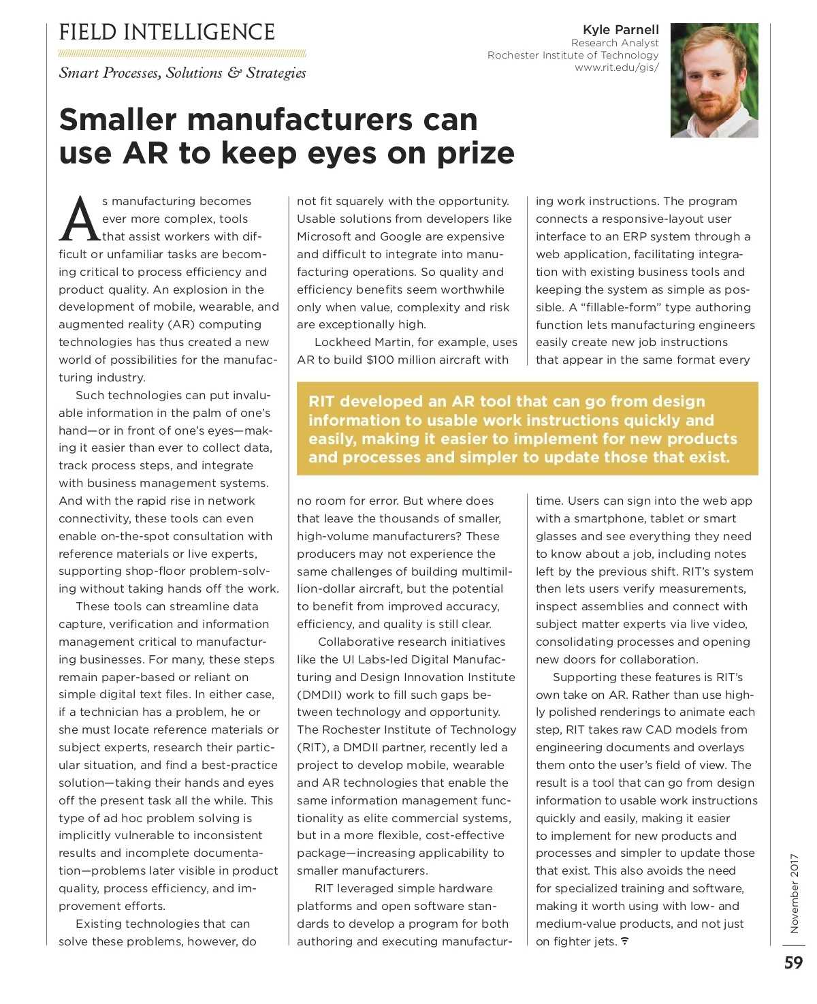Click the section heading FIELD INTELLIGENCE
[x=167, y=32]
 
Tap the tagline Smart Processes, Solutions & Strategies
[x=182, y=73]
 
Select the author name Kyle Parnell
[x=620, y=29]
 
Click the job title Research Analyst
[x=615, y=42]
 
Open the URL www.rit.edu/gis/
[x=616, y=67]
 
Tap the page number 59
[x=793, y=962]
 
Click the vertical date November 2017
[x=795, y=892]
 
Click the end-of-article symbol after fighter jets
[x=625, y=941]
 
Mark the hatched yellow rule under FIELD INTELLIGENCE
[x=182, y=54]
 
